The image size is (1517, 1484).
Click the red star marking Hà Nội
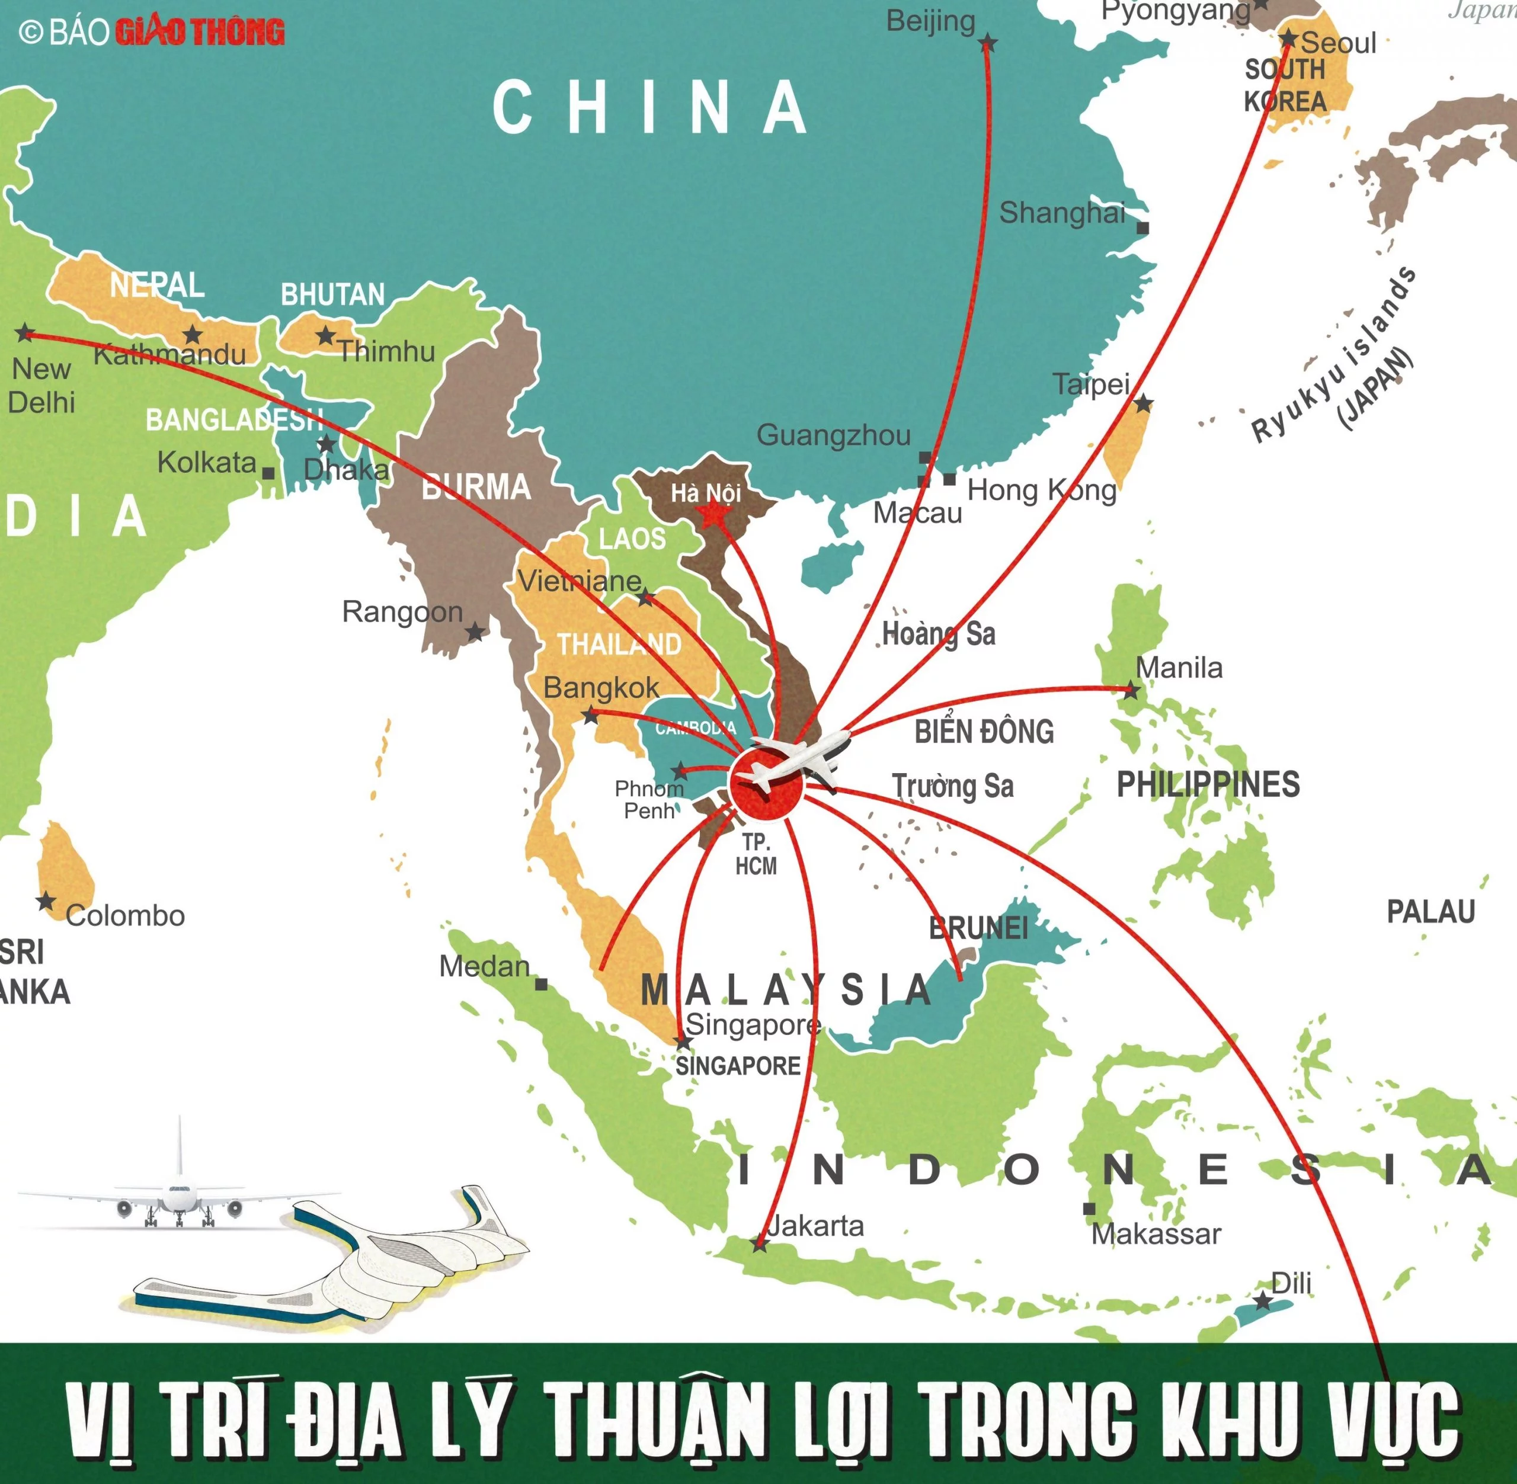(x=712, y=514)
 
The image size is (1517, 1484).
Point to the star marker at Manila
(x=1131, y=689)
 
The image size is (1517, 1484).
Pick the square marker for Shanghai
(x=1143, y=228)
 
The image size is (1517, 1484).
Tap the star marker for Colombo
(x=46, y=902)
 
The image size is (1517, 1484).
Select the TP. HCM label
(x=756, y=854)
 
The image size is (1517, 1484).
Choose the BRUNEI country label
(x=978, y=928)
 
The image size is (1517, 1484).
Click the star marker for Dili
(x=1263, y=1301)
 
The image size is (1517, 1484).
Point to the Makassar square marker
(x=1089, y=1209)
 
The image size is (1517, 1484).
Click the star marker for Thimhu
(x=326, y=336)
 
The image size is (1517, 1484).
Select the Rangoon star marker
(x=475, y=632)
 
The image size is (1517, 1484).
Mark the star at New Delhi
(x=25, y=333)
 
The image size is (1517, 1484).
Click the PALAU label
(x=1430, y=911)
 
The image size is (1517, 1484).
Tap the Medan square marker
(x=541, y=985)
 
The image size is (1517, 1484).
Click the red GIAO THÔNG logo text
(x=200, y=32)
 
